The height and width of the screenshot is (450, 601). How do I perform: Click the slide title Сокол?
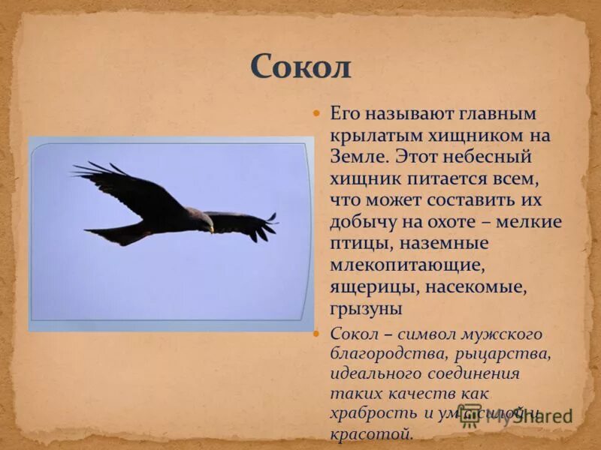click(300, 67)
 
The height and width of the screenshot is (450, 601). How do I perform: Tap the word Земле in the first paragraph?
click(358, 158)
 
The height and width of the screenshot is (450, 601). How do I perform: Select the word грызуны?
click(366, 309)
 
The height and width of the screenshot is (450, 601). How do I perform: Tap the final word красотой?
click(371, 433)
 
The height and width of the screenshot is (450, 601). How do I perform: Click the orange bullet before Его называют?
click(316, 113)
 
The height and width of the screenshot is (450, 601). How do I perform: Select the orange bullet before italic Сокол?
click(316, 333)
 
